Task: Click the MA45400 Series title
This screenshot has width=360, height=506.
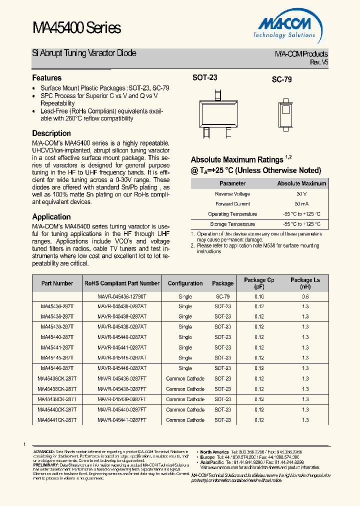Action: tap(76, 28)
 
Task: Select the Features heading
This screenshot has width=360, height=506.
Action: tap(47, 78)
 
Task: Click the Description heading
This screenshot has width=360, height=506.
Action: tap(51, 133)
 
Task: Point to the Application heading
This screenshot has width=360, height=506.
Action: tap(51, 216)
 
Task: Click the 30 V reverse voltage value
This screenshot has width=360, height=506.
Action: tap(301, 194)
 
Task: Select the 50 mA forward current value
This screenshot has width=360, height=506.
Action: tap(301, 204)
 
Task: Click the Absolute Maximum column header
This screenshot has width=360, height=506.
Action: tap(301, 183)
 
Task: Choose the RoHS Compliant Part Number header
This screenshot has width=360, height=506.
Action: tap(122, 283)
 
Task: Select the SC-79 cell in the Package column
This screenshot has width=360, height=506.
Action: tap(222, 296)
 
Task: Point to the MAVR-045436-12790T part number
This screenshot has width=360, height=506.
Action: tap(122, 296)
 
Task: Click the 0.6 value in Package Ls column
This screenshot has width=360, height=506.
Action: tap(305, 296)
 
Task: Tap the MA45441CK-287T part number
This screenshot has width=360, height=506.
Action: tap(57, 420)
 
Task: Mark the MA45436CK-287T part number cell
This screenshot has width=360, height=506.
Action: tap(57, 378)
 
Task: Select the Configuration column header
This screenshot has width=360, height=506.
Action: tap(185, 283)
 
